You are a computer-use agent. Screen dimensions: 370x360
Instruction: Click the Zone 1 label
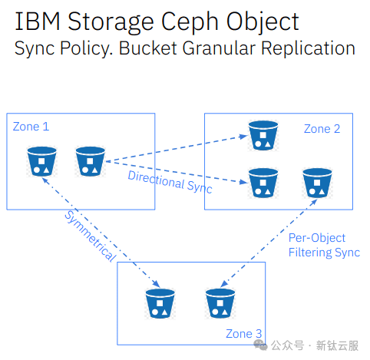(x=31, y=127)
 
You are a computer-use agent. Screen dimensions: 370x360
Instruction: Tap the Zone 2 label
(x=322, y=129)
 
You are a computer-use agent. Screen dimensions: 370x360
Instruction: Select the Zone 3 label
(x=244, y=334)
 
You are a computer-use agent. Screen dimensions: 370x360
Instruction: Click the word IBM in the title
(x=38, y=21)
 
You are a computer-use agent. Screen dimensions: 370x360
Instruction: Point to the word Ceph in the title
(x=190, y=22)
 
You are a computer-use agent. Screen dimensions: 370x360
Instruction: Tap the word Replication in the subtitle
(x=308, y=48)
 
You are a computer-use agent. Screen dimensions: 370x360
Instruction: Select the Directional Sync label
(x=170, y=182)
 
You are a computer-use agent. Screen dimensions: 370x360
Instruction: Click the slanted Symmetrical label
(x=91, y=236)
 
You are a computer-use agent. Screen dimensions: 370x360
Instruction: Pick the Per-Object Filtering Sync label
(x=324, y=245)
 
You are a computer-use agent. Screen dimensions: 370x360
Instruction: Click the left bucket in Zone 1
(x=42, y=161)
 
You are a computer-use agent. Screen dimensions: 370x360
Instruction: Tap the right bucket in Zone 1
(x=91, y=161)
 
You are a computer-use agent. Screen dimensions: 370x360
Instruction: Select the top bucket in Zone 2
(x=263, y=135)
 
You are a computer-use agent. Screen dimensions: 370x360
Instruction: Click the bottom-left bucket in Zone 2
(x=263, y=183)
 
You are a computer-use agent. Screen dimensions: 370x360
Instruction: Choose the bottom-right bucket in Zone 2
(x=317, y=183)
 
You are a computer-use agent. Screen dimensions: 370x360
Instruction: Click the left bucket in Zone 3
(x=160, y=304)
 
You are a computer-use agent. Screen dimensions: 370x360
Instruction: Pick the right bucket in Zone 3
(x=220, y=304)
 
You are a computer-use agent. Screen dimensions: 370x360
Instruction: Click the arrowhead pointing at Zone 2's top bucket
(x=243, y=137)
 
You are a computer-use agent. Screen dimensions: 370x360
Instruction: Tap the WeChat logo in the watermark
(x=260, y=345)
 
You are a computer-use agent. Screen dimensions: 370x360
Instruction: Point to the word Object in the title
(x=263, y=22)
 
